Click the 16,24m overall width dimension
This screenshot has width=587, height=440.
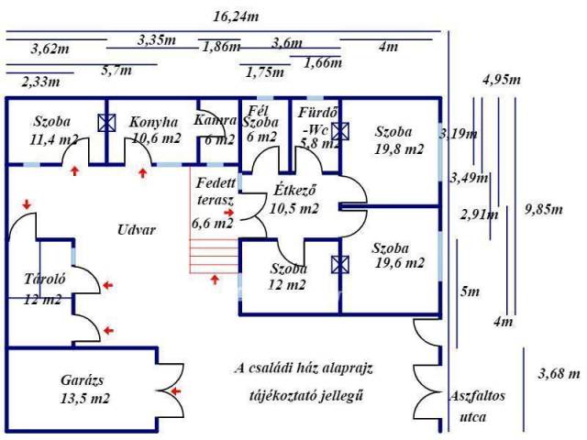235,16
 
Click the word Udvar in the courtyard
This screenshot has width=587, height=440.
137,229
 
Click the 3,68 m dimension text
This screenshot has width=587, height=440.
559,374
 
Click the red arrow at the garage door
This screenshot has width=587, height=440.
177,391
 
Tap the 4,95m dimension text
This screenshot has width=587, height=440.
501,79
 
